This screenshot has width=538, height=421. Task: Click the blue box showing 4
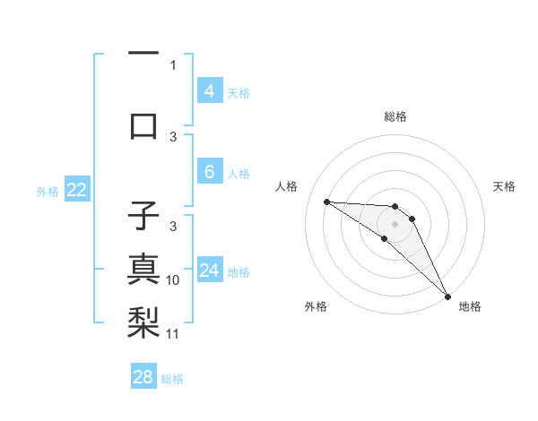(x=209, y=90)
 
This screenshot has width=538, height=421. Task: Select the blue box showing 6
(x=209, y=172)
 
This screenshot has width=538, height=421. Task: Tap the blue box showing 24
(x=209, y=271)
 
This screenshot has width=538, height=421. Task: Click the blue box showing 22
(x=76, y=190)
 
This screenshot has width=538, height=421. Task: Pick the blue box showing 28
(x=143, y=377)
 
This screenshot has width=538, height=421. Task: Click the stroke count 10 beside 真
(x=173, y=280)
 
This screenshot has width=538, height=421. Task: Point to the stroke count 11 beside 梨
(x=173, y=334)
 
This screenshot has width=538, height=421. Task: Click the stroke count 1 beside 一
(x=173, y=65)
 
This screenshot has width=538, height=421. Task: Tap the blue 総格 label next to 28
(x=172, y=379)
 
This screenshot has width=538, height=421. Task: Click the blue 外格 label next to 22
(x=48, y=191)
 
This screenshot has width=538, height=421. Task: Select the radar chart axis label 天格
(x=504, y=186)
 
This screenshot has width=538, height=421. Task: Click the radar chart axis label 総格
(x=395, y=116)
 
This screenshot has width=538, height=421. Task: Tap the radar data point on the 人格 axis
(x=326, y=202)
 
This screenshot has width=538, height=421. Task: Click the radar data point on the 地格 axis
(x=447, y=296)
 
